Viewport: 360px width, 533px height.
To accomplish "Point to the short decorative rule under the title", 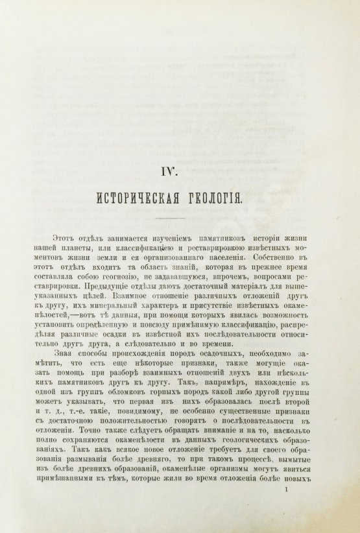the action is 180,223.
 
